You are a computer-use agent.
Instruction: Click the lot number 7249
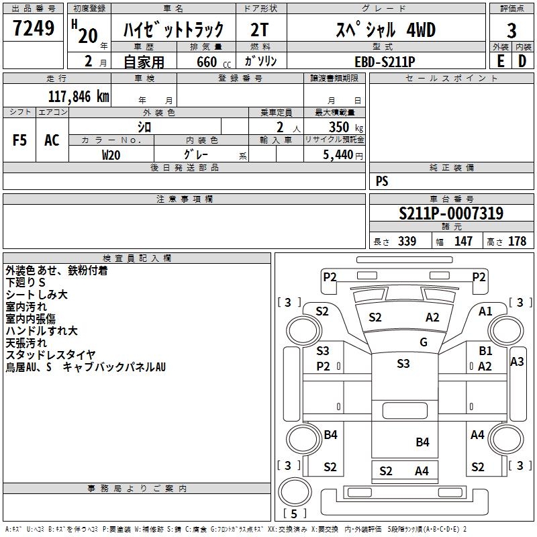click(x=34, y=29)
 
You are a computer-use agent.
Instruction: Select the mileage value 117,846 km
click(x=79, y=96)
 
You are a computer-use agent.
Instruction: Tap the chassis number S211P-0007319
click(x=451, y=214)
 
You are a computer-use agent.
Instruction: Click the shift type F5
click(x=20, y=140)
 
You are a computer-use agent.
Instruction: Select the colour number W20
click(x=111, y=154)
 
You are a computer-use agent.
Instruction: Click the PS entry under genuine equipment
click(x=382, y=181)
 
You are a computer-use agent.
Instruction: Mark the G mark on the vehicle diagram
click(x=424, y=342)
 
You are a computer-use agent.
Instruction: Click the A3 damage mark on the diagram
click(x=517, y=361)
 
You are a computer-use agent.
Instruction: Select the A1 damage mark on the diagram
click(x=485, y=311)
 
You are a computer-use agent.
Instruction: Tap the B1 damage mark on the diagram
click(x=485, y=351)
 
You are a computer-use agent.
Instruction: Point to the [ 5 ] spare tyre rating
click(x=295, y=514)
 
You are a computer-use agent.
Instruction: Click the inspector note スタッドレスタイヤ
click(x=51, y=355)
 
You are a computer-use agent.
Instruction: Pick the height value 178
click(x=517, y=242)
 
